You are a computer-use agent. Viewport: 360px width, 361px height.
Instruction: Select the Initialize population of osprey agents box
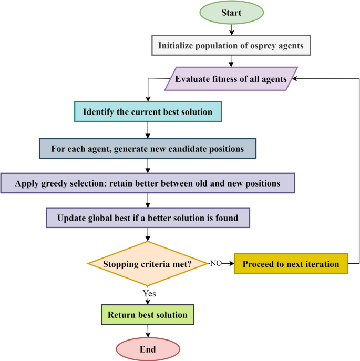[230, 46]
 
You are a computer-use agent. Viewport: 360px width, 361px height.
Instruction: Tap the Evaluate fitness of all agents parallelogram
[231, 79]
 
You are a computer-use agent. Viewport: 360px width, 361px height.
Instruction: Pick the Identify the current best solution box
[148, 112]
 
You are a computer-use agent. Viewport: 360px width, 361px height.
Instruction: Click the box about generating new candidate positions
[148, 148]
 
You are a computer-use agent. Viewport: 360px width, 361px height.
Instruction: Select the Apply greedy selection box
[148, 183]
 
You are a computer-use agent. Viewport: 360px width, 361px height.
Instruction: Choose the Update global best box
[148, 217]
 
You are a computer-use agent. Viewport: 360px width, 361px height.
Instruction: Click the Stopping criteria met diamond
[148, 264]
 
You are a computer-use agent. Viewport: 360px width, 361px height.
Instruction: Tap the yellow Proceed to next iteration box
[291, 264]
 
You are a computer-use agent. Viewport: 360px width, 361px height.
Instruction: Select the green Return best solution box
[148, 315]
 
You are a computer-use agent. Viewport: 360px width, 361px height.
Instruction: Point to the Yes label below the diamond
[149, 293]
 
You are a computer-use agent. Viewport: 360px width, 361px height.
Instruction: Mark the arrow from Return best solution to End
[148, 330]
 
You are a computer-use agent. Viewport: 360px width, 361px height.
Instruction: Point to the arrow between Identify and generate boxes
[148, 130]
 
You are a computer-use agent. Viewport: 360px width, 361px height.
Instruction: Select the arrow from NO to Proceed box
[228, 264]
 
